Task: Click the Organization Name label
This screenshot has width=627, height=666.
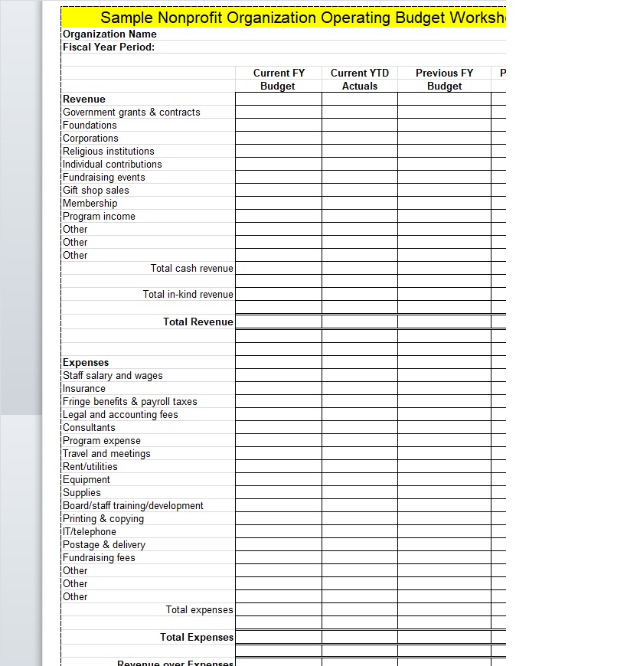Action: click(x=109, y=34)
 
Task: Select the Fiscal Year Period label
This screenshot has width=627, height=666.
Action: click(x=109, y=47)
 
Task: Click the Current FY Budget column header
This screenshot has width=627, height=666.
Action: click(x=278, y=80)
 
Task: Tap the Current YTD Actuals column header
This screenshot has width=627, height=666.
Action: click(x=360, y=80)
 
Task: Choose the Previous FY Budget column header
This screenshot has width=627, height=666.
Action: click(x=444, y=80)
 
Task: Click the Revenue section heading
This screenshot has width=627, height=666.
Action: click(x=84, y=99)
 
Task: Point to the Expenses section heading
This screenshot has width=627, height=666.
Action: click(x=86, y=362)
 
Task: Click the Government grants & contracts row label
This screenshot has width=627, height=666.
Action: click(x=132, y=112)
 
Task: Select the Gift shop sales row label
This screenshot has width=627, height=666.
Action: click(x=96, y=190)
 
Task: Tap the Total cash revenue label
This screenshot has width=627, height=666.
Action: click(x=191, y=268)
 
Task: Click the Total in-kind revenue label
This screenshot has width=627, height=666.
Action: click(x=188, y=294)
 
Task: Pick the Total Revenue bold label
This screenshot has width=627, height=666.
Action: click(x=198, y=322)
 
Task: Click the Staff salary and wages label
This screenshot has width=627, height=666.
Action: click(x=113, y=375)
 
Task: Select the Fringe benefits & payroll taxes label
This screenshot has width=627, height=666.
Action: click(x=130, y=401)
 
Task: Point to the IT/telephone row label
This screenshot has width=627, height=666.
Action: click(x=90, y=531)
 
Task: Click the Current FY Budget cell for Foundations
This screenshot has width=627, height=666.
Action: click(x=278, y=125)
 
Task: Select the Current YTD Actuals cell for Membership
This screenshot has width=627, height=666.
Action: click(x=360, y=203)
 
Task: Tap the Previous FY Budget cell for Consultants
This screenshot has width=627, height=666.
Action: click(x=444, y=427)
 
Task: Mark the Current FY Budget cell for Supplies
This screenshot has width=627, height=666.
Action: click(x=278, y=492)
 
